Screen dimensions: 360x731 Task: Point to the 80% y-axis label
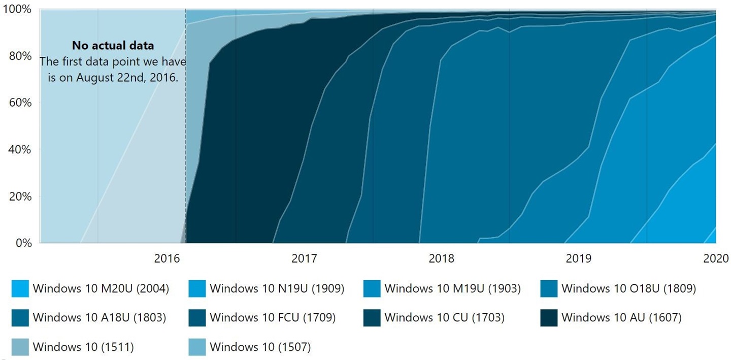[x=21, y=56]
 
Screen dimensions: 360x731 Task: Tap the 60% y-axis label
[x=21, y=103]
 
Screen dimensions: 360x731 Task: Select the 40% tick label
[x=21, y=150]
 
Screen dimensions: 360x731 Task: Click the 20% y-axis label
[x=21, y=197]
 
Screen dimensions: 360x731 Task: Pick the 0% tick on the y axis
[x=23, y=243]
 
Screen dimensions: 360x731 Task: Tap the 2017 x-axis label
[x=305, y=258]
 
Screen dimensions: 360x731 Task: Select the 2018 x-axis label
[x=441, y=258]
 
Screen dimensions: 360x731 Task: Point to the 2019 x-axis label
[x=578, y=258]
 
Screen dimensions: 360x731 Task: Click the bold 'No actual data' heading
[x=113, y=45]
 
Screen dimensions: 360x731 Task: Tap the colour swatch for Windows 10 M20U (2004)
[x=20, y=289]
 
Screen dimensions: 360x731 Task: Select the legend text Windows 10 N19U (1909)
[x=277, y=289]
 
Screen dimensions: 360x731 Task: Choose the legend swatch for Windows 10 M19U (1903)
[x=373, y=289]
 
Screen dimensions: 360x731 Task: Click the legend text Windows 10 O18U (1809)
[x=628, y=289]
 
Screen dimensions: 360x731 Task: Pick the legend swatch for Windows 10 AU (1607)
[x=550, y=318]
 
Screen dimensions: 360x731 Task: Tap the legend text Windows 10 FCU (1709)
[x=273, y=318]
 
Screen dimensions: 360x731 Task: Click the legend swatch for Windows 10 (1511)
[x=20, y=347]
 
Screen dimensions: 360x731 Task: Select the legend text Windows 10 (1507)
[x=260, y=347]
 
